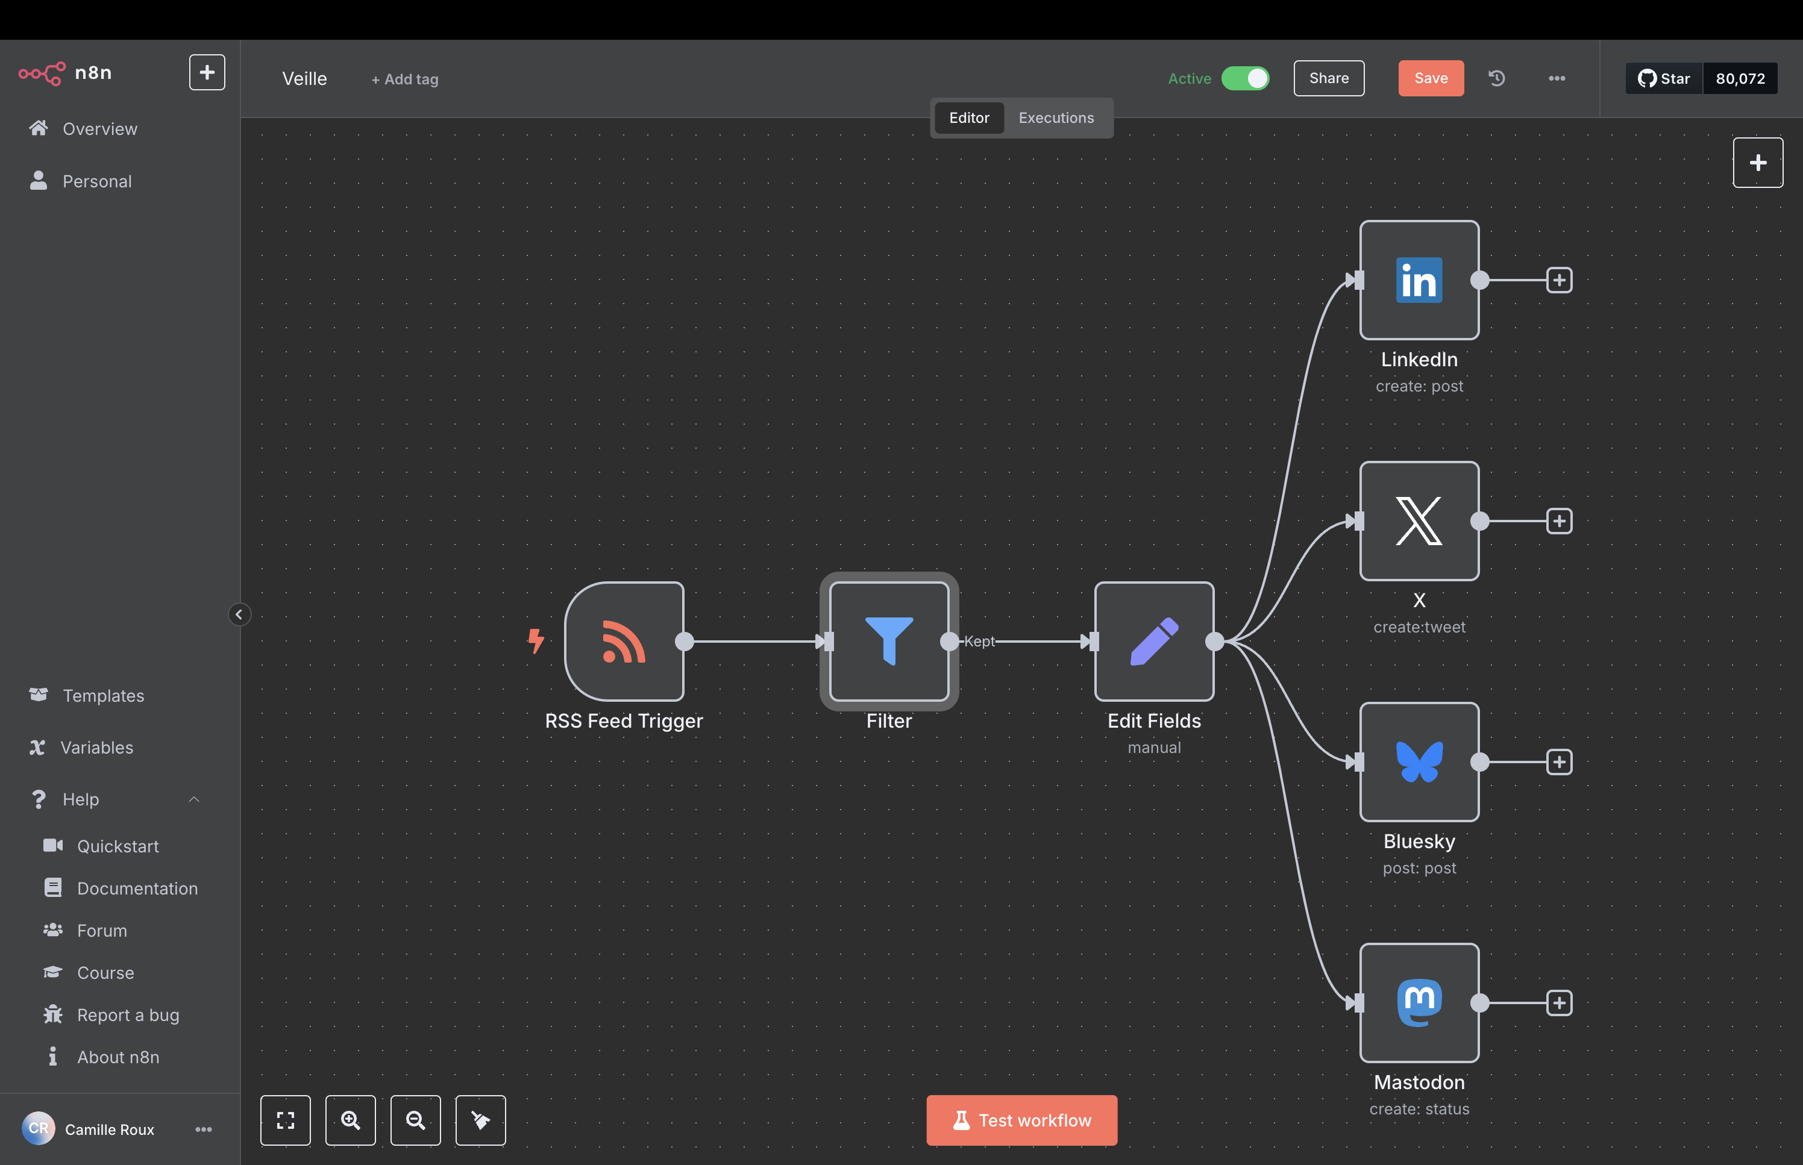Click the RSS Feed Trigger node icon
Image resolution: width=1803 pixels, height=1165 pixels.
point(624,642)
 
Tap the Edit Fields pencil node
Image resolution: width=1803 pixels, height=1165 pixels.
point(1154,642)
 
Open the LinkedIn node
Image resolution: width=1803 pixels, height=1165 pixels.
point(1419,280)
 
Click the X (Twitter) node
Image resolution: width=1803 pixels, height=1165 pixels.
point(1419,521)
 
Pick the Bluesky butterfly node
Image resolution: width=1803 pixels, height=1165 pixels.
point(1419,762)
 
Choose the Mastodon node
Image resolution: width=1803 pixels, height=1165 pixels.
point(1419,1003)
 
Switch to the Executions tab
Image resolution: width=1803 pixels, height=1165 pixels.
point(1056,118)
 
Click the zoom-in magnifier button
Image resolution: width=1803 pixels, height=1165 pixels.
point(350,1120)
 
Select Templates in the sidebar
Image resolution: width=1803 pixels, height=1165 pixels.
point(104,695)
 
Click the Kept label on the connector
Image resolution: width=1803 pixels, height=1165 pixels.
point(979,642)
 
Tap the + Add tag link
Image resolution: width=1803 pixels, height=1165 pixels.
point(405,79)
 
